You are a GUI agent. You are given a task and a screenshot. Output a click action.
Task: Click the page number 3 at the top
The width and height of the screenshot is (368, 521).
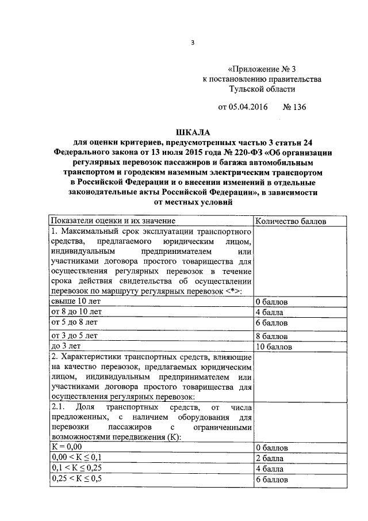(x=193, y=42)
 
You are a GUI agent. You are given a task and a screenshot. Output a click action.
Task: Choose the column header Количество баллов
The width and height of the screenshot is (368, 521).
(x=289, y=221)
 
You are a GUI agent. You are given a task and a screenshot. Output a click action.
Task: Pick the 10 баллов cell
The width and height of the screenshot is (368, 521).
(x=274, y=347)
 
